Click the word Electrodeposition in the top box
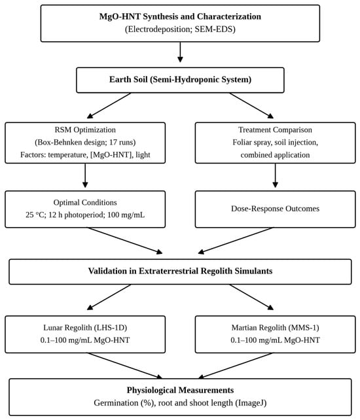point(159,29)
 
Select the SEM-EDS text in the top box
point(213,29)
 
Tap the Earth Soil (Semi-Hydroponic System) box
point(180,80)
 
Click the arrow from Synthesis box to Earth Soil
point(180,52)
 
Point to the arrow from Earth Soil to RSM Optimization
point(109,105)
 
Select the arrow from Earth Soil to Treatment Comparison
point(251,105)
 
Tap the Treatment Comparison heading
point(276,130)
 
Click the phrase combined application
point(275,155)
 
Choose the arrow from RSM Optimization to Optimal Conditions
point(85,175)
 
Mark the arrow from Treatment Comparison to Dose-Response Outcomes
point(276,175)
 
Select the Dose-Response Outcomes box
point(276,209)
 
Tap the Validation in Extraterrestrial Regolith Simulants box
point(180,271)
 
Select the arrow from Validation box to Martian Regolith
point(251,297)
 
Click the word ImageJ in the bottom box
point(251,403)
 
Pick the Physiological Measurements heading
point(180,390)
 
